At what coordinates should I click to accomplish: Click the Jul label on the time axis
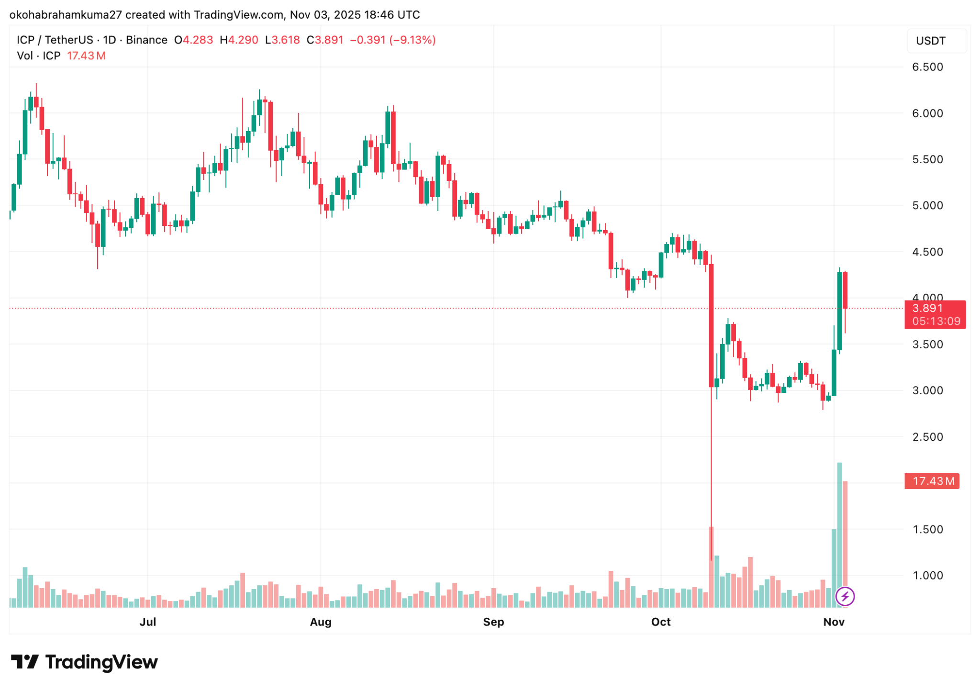(147, 622)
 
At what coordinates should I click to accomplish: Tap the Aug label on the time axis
(320, 622)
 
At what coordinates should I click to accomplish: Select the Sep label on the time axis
(493, 622)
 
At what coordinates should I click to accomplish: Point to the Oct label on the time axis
(660, 622)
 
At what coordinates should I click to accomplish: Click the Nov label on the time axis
(833, 622)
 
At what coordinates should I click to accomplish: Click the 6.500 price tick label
(927, 67)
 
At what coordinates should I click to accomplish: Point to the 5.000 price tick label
(927, 206)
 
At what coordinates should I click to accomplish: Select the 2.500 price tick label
(927, 437)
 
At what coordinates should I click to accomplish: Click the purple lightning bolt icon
(845, 596)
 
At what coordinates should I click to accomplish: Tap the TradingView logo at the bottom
(84, 662)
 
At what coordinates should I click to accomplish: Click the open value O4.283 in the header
(194, 40)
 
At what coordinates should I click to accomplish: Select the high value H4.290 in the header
(239, 40)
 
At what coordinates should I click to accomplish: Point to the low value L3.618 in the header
(282, 40)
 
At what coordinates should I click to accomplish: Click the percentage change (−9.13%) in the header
(412, 40)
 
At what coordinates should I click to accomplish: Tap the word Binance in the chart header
(146, 40)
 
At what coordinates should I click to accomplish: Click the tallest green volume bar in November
(839, 534)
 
